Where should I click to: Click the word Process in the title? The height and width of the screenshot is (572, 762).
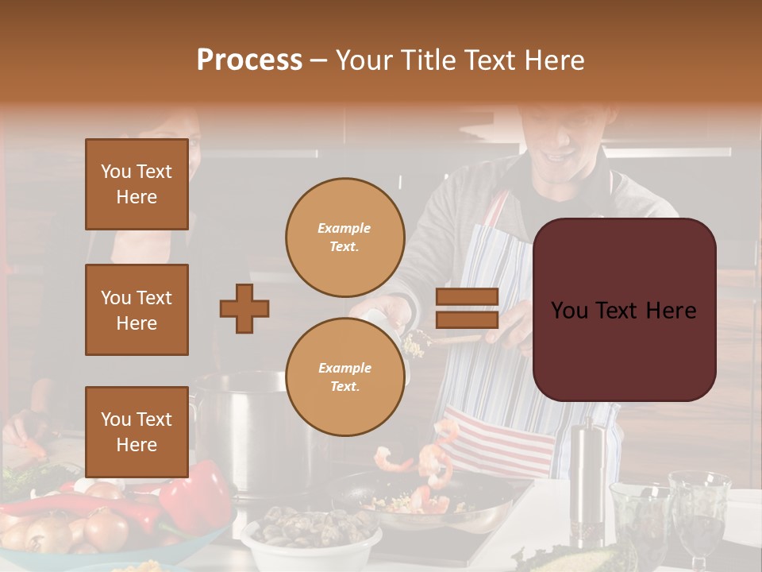click(249, 60)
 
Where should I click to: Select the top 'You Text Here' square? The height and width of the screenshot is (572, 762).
click(137, 184)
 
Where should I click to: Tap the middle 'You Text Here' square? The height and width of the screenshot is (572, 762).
click(137, 310)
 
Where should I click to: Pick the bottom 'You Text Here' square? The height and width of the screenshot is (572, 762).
click(137, 431)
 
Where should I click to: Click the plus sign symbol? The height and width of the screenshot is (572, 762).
click(244, 307)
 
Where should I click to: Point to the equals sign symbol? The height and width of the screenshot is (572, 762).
click(468, 308)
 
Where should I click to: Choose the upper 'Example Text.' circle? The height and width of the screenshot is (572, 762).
click(344, 238)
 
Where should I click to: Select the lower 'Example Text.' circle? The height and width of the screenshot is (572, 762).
click(344, 377)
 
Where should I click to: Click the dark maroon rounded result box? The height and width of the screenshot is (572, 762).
click(624, 310)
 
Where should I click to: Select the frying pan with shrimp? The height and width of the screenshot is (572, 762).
click(429, 500)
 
